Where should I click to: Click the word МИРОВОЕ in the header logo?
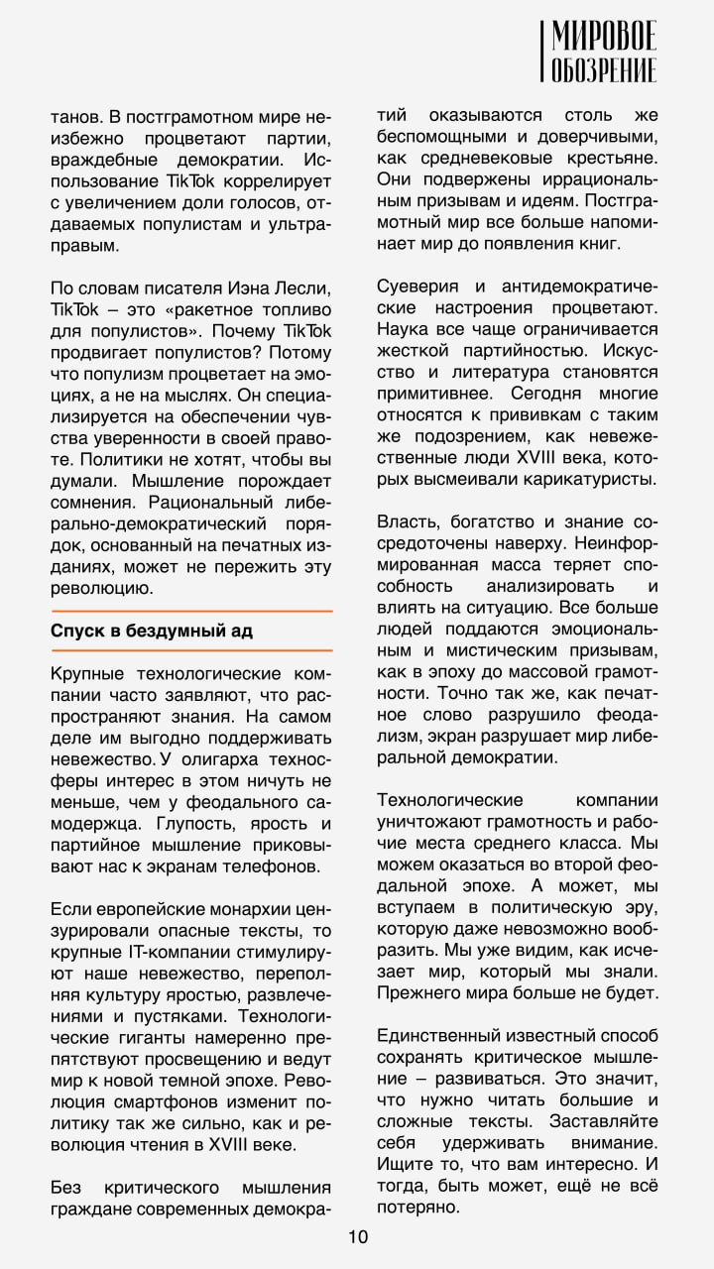[604, 38]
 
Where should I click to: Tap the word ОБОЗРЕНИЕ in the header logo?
[604, 71]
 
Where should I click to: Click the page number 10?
[358, 1235]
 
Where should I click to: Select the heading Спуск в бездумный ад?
[144, 631]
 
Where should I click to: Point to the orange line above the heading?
[191, 611]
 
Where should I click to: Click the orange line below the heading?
[191, 651]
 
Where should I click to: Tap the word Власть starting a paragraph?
[407, 520]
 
